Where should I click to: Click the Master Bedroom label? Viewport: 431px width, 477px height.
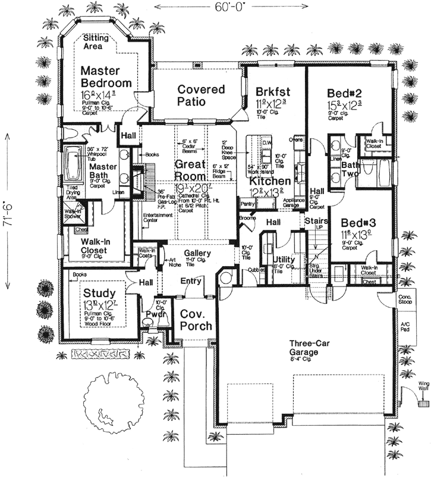coord(106,76)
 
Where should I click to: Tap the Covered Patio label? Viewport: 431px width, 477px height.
coord(201,95)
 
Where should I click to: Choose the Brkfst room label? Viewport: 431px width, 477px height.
coord(273,92)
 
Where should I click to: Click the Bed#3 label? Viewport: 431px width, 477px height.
coord(354,221)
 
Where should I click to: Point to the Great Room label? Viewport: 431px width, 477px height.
coord(190,170)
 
